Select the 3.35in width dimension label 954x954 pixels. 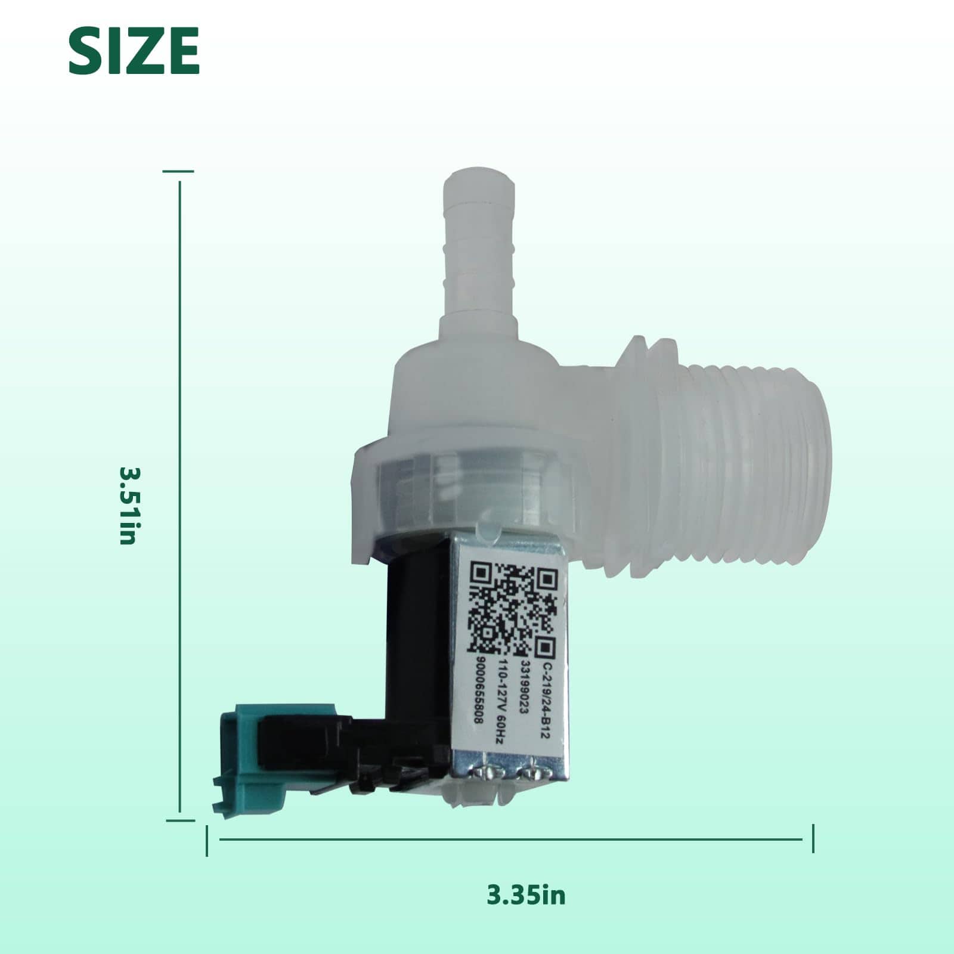tap(526, 894)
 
